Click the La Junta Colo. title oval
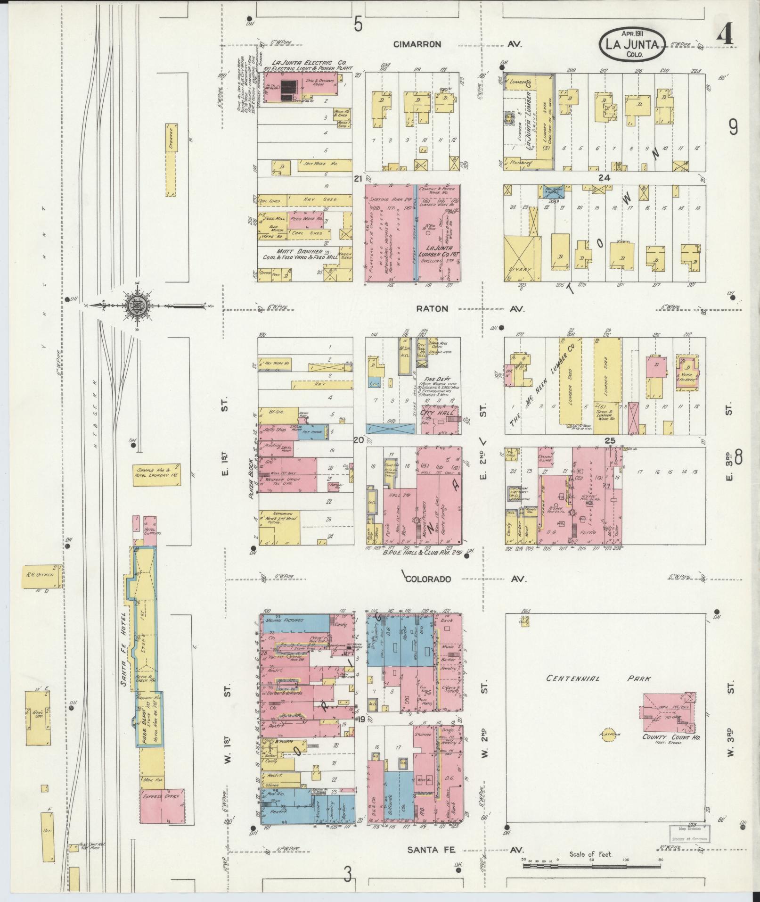click(632, 43)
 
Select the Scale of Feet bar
click(591, 859)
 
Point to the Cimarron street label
click(418, 44)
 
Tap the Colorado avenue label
click(429, 579)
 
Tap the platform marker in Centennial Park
click(610, 748)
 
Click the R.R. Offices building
click(41, 575)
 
